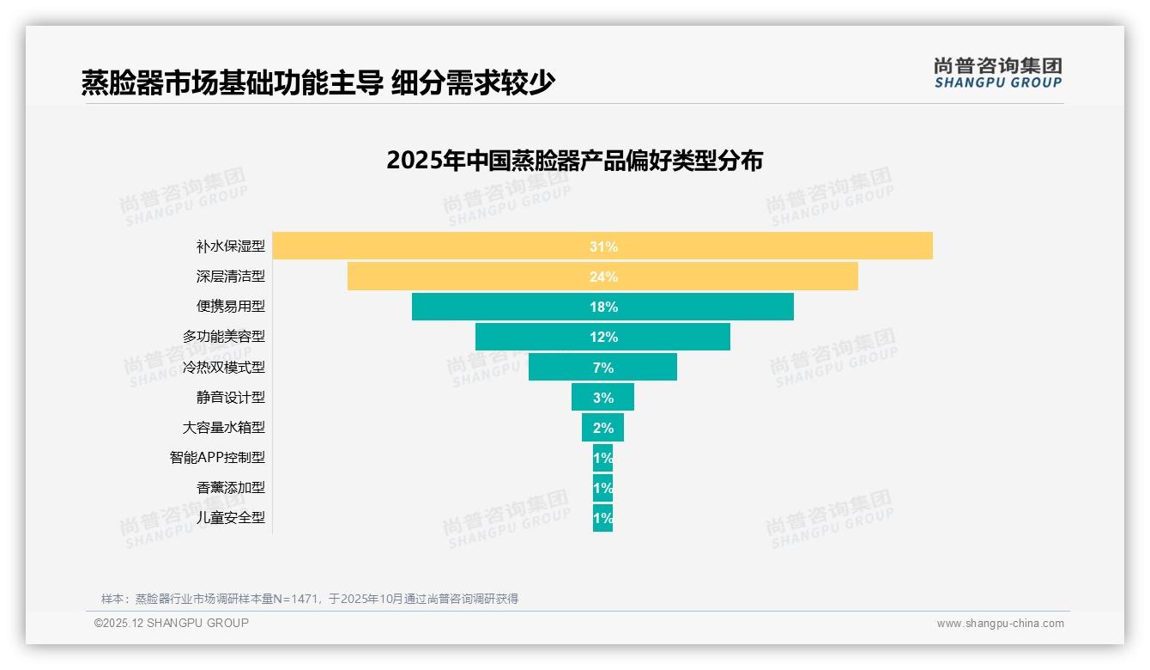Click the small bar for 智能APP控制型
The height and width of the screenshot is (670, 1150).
pos(602,457)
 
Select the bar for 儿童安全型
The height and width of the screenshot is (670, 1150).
pos(602,518)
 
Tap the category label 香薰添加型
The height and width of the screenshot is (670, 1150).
pos(231,488)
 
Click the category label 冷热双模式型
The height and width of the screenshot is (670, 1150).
pos(224,367)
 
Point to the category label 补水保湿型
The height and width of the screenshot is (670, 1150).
pos(231,247)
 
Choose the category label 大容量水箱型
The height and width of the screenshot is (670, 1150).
pos(224,427)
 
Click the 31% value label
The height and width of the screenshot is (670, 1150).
pos(603,247)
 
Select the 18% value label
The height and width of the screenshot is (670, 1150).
pos(603,307)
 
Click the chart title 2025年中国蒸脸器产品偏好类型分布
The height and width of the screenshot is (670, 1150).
pos(574,161)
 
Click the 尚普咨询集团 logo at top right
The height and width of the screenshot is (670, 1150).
pos(997,73)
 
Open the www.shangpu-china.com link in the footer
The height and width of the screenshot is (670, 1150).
pos(1000,624)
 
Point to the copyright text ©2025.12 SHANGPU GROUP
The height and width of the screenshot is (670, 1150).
pos(172,623)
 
